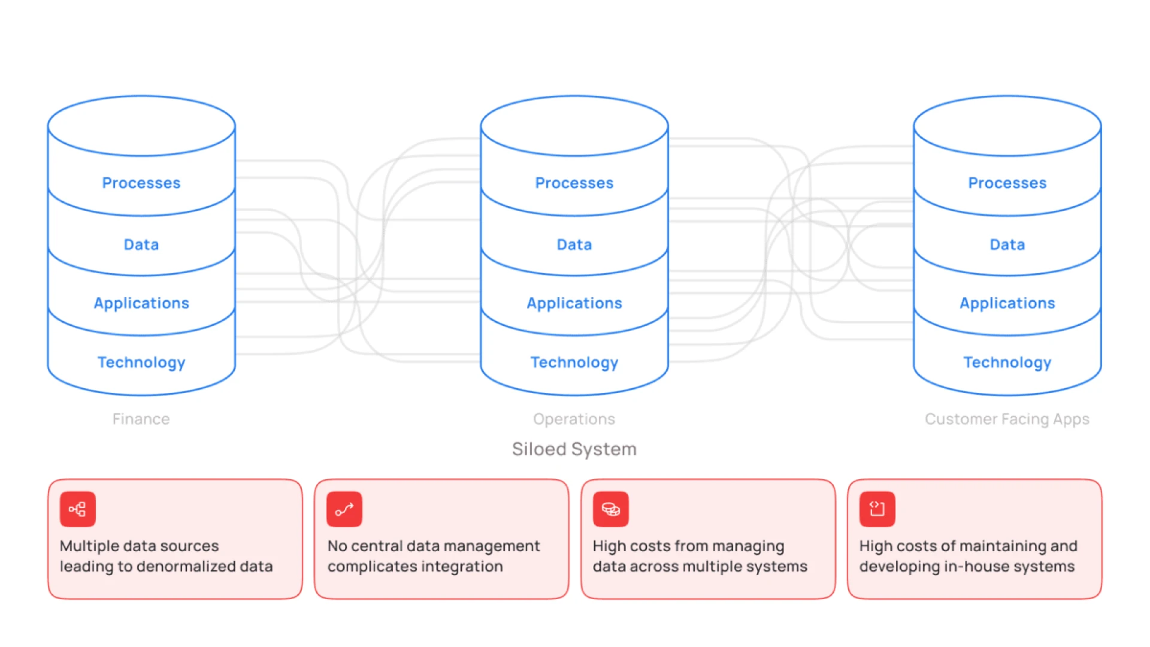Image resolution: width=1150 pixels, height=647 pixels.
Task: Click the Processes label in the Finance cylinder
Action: coord(141,183)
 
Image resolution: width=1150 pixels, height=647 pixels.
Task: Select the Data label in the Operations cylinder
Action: coord(574,244)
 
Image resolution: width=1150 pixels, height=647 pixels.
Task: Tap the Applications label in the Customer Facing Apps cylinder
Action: coord(1007,303)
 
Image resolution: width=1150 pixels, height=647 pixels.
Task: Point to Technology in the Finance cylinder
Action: coord(141,362)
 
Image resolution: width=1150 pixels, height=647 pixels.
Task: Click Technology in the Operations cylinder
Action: coord(574,362)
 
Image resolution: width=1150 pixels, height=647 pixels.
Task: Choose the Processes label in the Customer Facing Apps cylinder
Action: coord(1007,183)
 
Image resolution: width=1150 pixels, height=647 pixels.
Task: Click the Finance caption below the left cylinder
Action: coord(141,419)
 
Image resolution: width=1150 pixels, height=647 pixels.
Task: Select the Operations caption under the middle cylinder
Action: coord(574,419)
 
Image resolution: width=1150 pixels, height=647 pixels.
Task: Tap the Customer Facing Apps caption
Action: coord(1007,419)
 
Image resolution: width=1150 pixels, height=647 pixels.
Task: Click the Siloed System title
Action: coord(574,449)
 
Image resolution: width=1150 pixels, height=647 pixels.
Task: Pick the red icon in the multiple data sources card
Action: coord(78,509)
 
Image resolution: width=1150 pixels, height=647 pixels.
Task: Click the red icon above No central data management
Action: coord(344,509)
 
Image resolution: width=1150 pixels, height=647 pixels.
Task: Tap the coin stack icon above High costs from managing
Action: coord(611,509)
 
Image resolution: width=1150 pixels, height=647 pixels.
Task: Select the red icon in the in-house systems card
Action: coord(877,509)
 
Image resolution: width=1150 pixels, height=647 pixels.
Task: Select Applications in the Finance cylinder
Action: coord(141,303)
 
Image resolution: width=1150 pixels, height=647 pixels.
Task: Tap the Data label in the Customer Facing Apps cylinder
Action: coord(1007,244)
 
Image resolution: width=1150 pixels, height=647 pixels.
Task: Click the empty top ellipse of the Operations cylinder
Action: coord(574,126)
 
